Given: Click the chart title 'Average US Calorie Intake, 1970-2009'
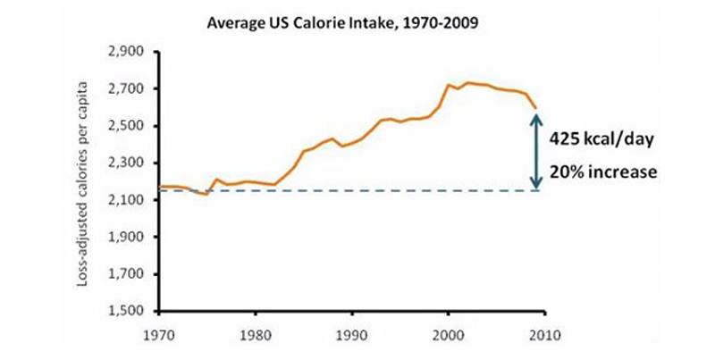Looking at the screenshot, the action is click(342, 23).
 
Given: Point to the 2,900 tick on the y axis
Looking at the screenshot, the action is click(126, 52).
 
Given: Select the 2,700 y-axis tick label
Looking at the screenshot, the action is click(126, 88).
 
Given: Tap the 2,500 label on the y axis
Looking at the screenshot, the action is click(126, 126).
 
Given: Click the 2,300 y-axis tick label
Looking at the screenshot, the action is click(126, 163).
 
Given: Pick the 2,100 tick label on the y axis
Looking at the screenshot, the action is click(126, 200).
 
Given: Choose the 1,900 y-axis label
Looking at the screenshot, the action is click(126, 238).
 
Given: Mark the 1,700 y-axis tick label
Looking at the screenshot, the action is click(126, 274).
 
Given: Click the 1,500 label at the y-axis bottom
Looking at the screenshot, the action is click(126, 311).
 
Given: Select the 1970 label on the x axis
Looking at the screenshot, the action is click(159, 335).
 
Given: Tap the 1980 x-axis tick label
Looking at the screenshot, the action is click(256, 335).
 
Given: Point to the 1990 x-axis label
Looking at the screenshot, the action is click(352, 335).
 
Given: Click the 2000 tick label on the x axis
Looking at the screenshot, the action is click(449, 335).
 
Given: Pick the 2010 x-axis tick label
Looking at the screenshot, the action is click(545, 335).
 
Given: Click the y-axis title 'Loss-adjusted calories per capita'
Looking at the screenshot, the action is click(82, 184).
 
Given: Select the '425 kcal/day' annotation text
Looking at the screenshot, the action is click(601, 139).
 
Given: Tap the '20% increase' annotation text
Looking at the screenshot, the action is click(602, 172).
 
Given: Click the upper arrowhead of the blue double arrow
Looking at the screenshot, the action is click(536, 119).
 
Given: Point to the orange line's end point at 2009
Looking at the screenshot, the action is click(535, 108).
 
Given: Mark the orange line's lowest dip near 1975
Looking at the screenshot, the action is click(207, 195).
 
